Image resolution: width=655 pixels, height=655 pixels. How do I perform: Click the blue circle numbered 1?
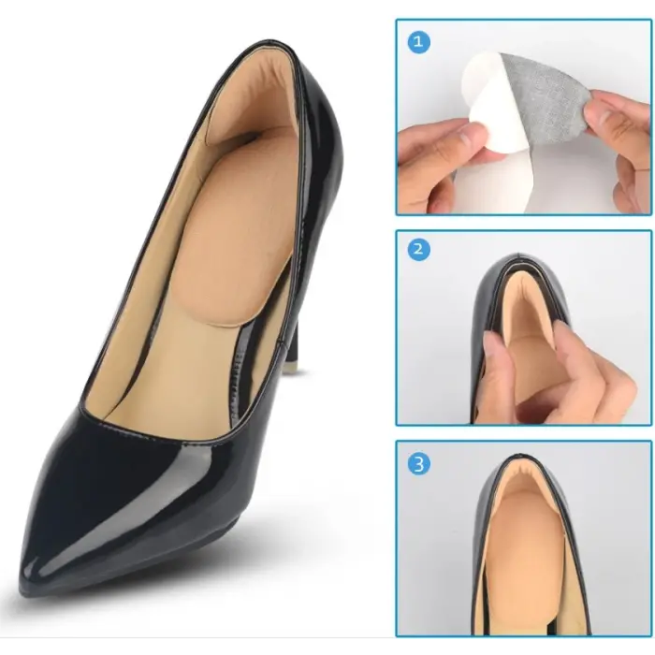pyautogui.click(x=418, y=42)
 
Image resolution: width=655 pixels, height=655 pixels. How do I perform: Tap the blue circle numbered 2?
pyautogui.click(x=418, y=250)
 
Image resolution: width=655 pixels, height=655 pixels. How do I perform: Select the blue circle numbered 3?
pyautogui.click(x=418, y=464)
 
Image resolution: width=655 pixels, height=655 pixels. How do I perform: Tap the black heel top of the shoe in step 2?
pyautogui.click(x=519, y=261)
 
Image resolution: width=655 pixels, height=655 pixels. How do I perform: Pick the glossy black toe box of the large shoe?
pyautogui.click(x=117, y=502)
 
